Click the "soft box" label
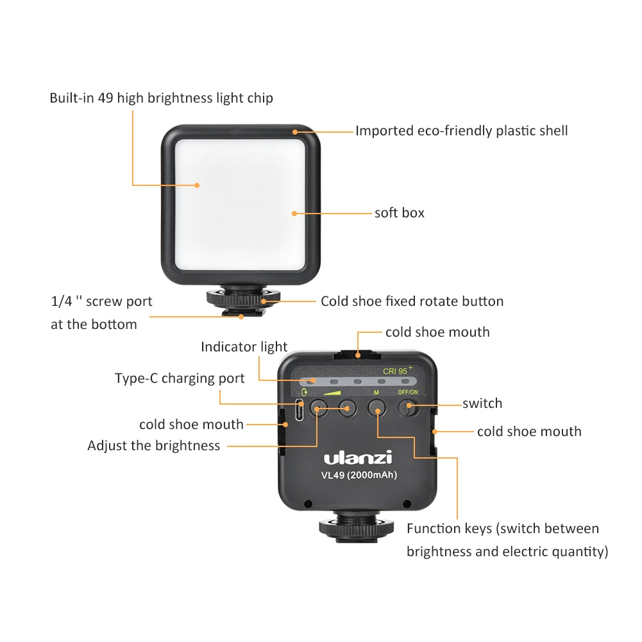click(399, 213)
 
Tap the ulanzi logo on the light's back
click(357, 458)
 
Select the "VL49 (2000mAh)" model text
click(359, 475)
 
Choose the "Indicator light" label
click(244, 347)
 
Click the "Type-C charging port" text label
click(180, 378)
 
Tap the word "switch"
click(482, 403)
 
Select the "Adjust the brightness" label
click(153, 446)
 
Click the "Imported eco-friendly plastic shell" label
click(461, 131)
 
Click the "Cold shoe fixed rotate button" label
click(412, 301)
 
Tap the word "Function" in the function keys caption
click(433, 528)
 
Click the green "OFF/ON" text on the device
click(408, 392)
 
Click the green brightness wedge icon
click(332, 392)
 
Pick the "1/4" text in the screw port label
click(61, 301)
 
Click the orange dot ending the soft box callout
click(294, 213)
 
